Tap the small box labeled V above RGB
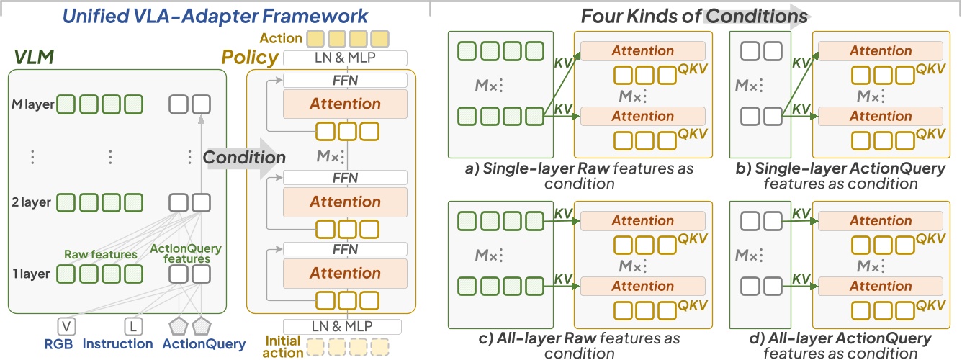[x=67, y=327]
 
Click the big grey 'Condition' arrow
[x=244, y=157]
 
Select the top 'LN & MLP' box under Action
[x=346, y=58]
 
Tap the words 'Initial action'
[x=283, y=346]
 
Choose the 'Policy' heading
[x=249, y=57]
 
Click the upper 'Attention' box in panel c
[x=642, y=221]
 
